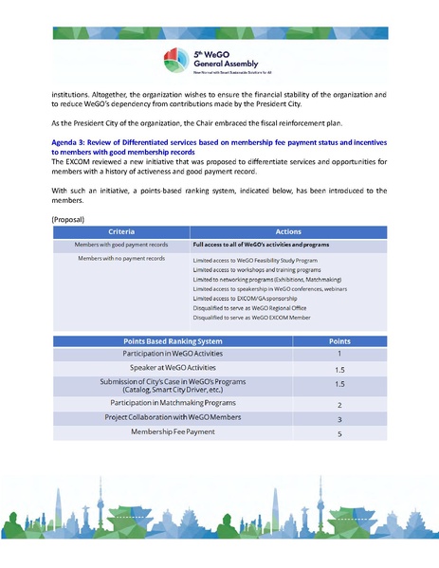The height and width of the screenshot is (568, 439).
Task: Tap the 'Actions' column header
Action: [288, 231]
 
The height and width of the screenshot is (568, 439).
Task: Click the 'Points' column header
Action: [338, 340]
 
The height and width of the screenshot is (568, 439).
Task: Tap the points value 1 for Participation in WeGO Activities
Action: [338, 353]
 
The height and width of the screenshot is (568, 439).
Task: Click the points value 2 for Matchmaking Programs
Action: [338, 404]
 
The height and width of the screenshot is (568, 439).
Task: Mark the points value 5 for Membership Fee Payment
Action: [338, 433]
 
